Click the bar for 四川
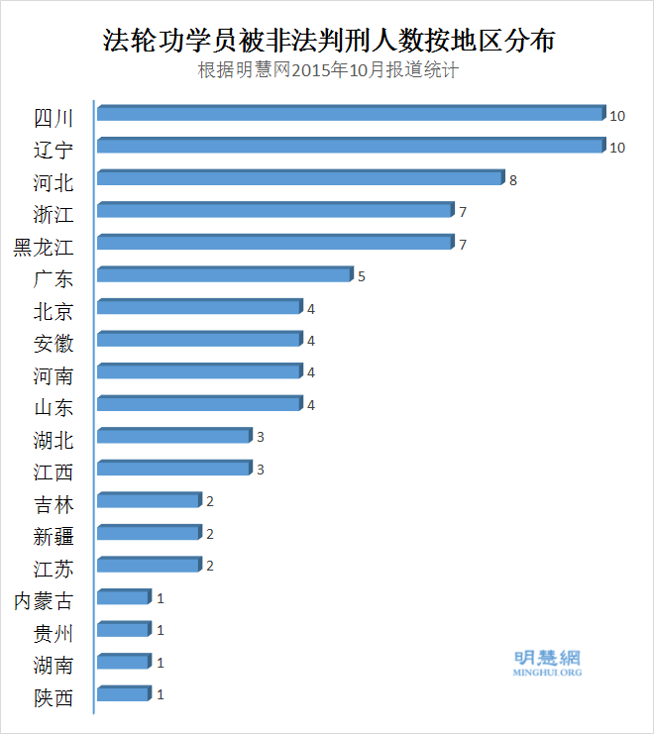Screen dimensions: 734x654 click(x=350, y=114)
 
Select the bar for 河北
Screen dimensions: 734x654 click(x=300, y=178)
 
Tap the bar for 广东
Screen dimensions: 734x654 click(x=224, y=274)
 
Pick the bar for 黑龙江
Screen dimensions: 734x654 click(x=274, y=243)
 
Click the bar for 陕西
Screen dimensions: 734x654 click(x=123, y=693)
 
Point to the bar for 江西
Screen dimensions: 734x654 click(x=173, y=468)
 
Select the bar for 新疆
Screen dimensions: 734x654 click(x=149, y=532)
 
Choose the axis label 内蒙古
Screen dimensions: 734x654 click(x=44, y=600)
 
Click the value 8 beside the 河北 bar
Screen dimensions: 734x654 click(x=513, y=180)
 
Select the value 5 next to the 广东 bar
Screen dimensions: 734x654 click(x=362, y=276)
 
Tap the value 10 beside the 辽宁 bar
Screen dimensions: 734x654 click(x=616, y=148)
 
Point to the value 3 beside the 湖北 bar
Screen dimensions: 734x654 click(x=260, y=437)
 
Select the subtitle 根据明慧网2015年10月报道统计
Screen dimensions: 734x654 click(x=328, y=71)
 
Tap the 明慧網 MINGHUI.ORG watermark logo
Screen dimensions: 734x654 click(x=547, y=663)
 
